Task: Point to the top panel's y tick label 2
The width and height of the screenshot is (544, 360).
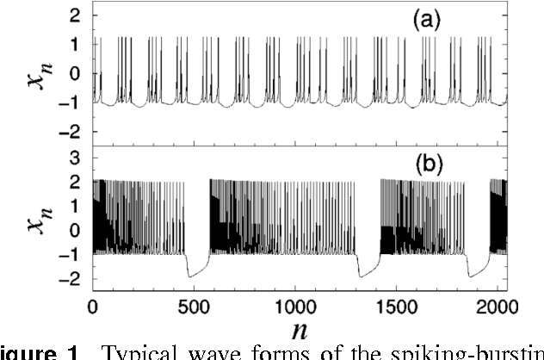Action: tap(75, 16)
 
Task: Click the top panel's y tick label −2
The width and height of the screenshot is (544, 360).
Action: tap(69, 131)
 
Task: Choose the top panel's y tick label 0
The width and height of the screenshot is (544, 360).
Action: tap(75, 73)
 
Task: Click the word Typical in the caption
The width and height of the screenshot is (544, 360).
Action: tap(146, 352)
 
